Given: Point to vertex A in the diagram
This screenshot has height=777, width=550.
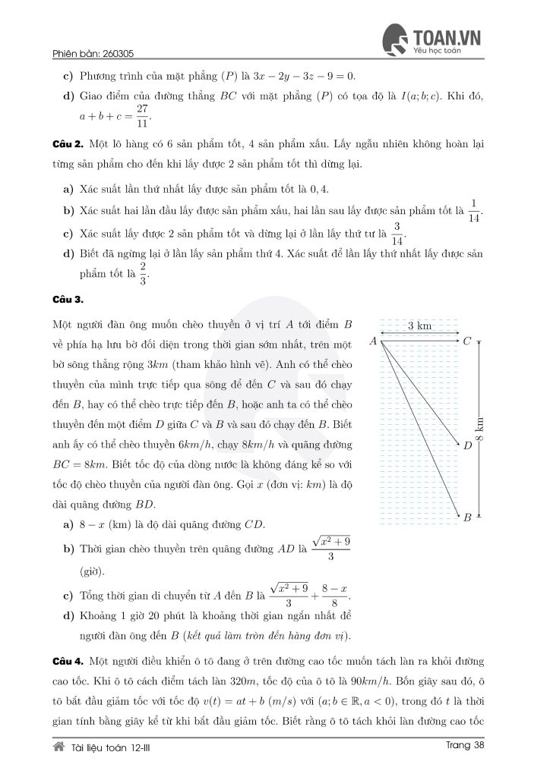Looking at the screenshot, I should tap(374, 341).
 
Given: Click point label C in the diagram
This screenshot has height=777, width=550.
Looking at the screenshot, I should tap(467, 341).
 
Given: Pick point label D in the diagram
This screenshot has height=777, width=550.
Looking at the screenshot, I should tap(467, 446).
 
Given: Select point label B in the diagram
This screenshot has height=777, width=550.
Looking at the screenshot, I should tap(467, 517).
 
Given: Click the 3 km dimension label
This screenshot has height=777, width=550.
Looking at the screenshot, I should tap(419, 326).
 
